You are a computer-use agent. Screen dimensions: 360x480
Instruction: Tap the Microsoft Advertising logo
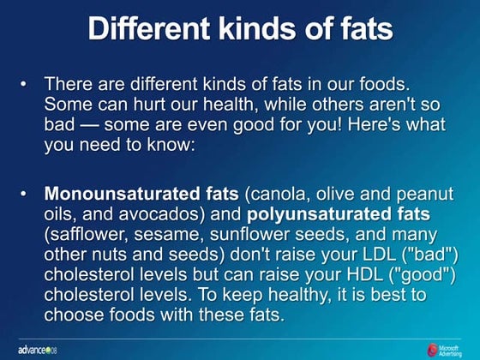(x=448, y=348)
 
